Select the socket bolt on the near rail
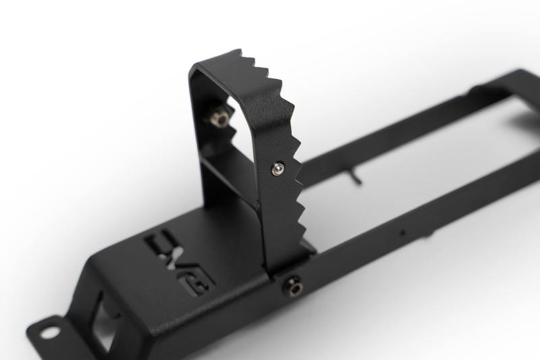(294, 286)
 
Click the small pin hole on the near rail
(402, 233)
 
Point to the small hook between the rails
(356, 178)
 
